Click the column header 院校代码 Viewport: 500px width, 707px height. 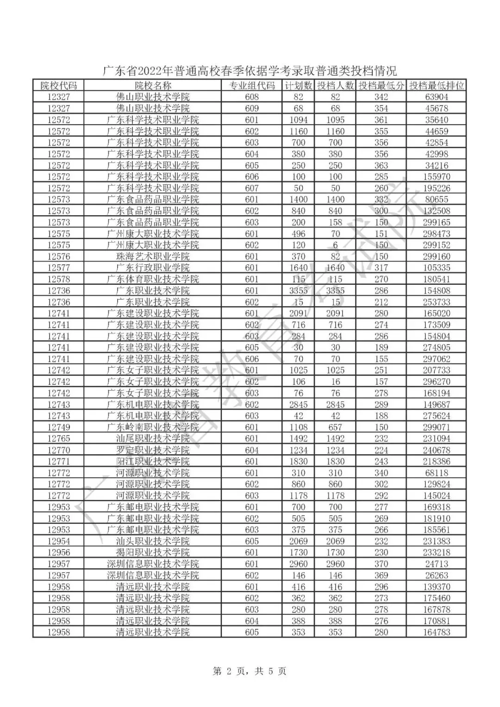pos(58,86)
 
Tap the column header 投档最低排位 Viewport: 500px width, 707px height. pos(436,86)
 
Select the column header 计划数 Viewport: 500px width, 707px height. pos(298,86)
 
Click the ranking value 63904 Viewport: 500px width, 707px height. pos(436,97)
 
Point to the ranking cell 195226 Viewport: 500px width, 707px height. pos(436,188)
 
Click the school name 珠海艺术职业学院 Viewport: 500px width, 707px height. pos(153,257)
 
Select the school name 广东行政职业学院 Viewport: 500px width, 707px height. pos(153,268)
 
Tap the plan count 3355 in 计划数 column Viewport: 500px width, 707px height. pos(298,291)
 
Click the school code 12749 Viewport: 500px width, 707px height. pos(58,427)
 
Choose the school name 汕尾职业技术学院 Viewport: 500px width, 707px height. pos(153,438)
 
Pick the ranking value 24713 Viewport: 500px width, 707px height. pos(436,564)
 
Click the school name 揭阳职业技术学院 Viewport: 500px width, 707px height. pos(153,552)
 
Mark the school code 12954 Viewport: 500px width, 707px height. pos(58,541)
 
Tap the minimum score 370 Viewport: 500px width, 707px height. pos(381,564)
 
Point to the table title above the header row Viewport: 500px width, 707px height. pos(250,71)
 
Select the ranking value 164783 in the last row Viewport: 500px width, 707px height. pos(436,632)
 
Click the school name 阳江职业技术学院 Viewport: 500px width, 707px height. pos(153,462)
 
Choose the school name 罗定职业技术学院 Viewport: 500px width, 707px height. pos(153,450)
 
